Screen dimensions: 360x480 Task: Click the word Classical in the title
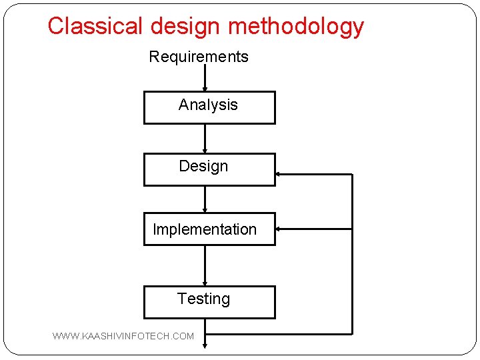[x=95, y=26]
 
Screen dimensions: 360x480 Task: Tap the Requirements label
[x=199, y=57]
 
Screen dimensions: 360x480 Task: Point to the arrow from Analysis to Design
[x=205, y=139]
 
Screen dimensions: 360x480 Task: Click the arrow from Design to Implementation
[x=205, y=199]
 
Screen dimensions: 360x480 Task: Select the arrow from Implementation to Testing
[x=205, y=265]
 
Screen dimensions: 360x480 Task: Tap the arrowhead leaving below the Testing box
[x=205, y=343]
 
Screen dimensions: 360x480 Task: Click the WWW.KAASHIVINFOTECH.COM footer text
[x=123, y=336]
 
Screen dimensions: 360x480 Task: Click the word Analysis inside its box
[x=208, y=105]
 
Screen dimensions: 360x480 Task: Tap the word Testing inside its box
[x=203, y=299]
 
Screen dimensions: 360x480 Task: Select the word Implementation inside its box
[x=205, y=229]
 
